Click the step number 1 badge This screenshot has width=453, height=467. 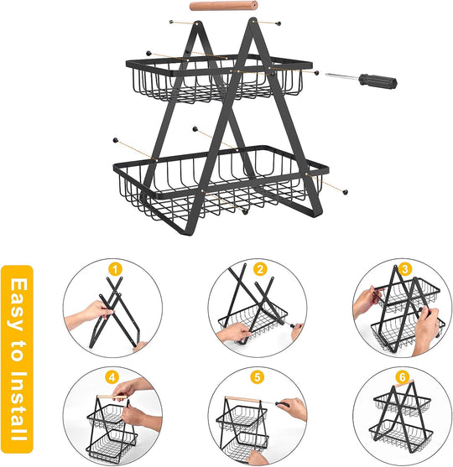pos(116,270)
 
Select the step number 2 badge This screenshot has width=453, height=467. pos(261,270)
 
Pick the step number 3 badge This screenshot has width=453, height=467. pos(406,270)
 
